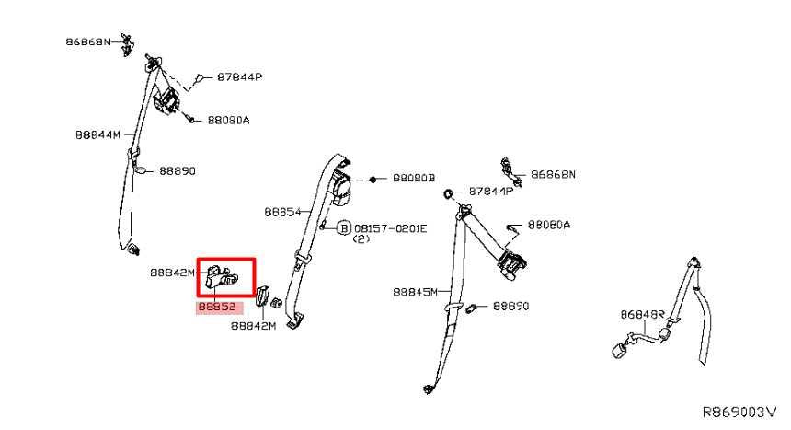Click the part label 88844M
click(x=97, y=135)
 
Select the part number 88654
click(x=282, y=212)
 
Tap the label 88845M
click(x=415, y=292)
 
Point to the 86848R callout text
click(x=643, y=315)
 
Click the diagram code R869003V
click(x=739, y=412)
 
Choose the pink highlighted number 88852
click(x=217, y=307)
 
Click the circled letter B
click(x=344, y=228)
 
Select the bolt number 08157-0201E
click(x=391, y=228)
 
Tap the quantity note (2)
click(x=361, y=239)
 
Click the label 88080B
click(x=414, y=178)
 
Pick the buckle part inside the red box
click(x=223, y=277)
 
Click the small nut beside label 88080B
click(x=373, y=179)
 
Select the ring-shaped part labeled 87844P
click(x=447, y=193)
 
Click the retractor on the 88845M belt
click(x=512, y=264)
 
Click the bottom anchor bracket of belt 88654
click(x=294, y=321)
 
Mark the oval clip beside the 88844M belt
click(x=142, y=169)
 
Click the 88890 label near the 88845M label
click(x=511, y=307)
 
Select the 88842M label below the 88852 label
click(x=253, y=326)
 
